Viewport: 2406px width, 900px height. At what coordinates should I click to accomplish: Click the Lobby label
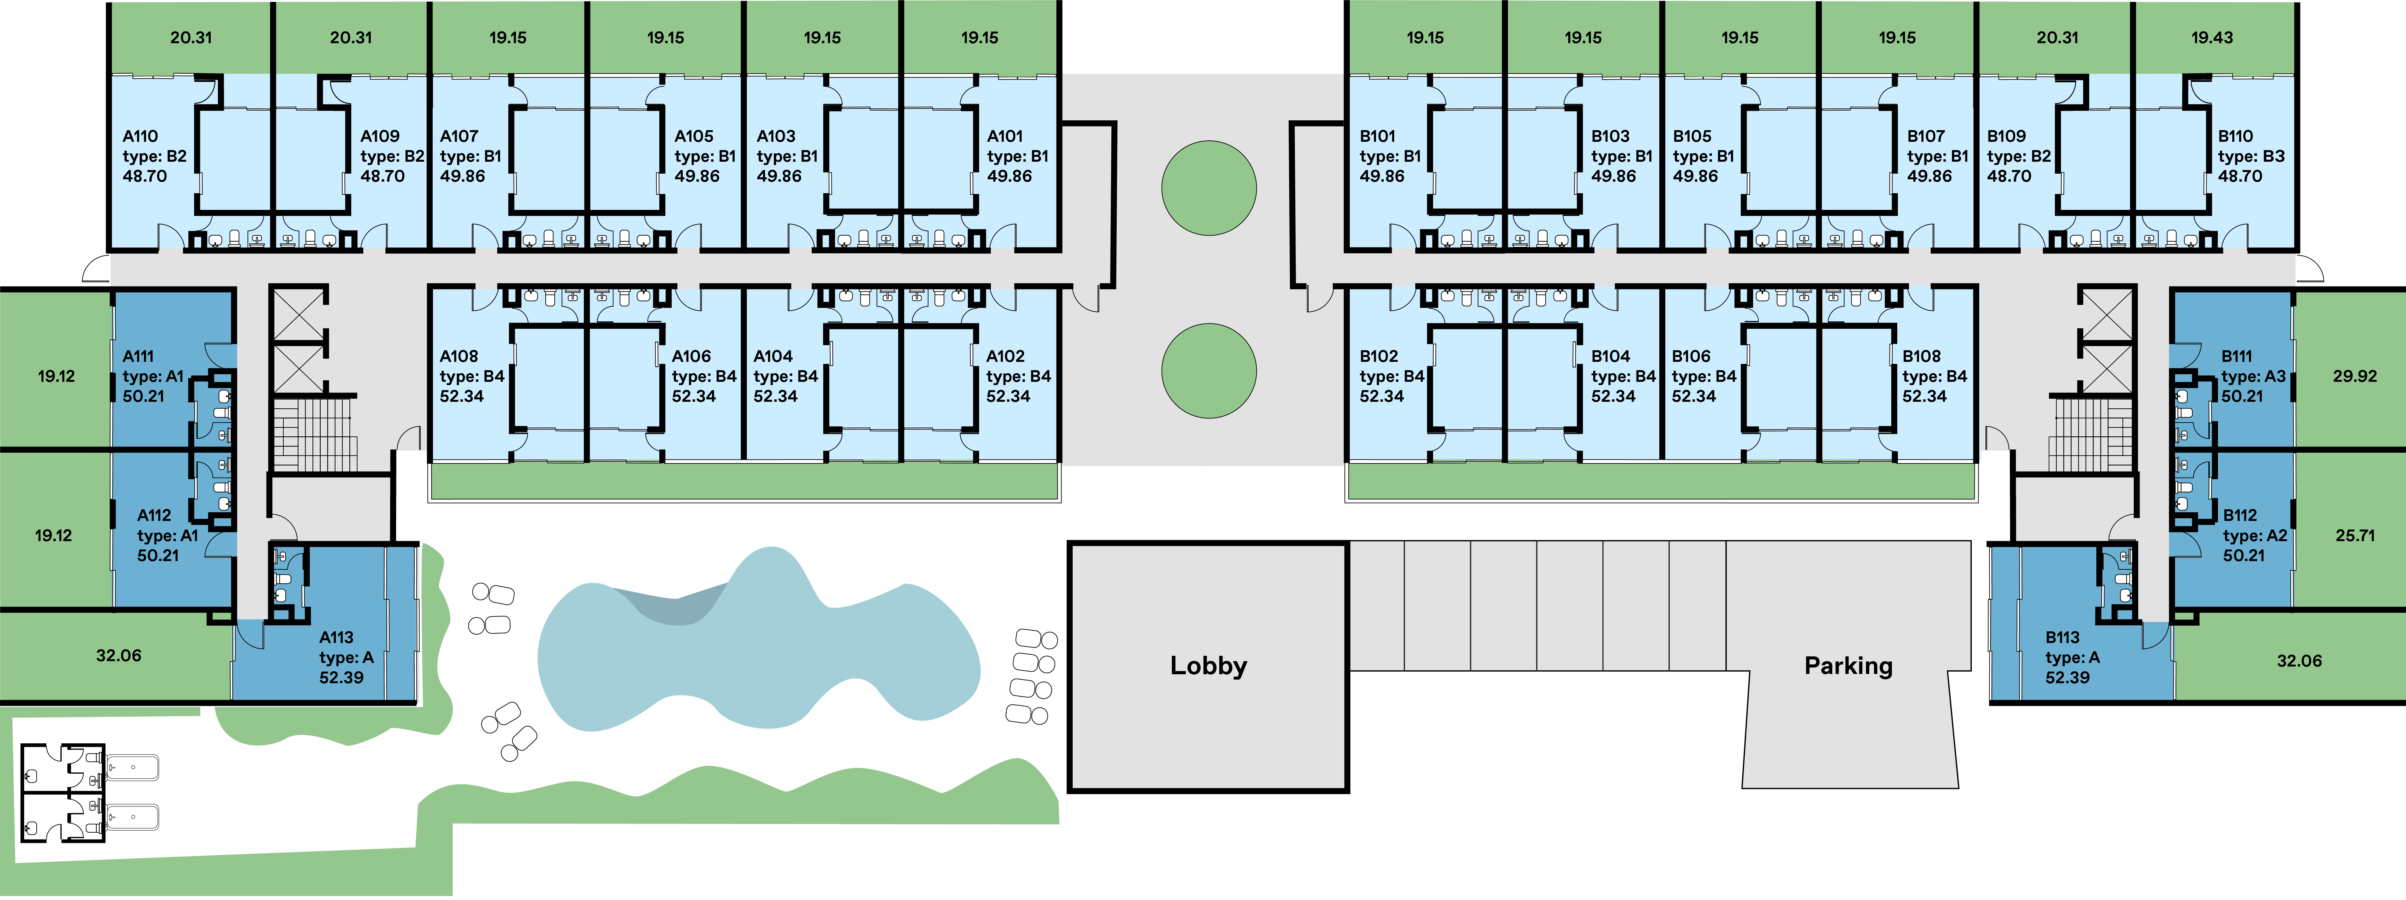pos(1209,666)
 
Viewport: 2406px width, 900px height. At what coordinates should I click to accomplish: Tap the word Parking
pos(1848,666)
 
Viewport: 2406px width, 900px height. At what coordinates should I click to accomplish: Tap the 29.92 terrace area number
pos(2355,376)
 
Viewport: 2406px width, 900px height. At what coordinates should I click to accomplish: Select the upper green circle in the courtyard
pos(1209,188)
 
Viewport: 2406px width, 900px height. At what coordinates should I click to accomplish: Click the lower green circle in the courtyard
pos(1209,371)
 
